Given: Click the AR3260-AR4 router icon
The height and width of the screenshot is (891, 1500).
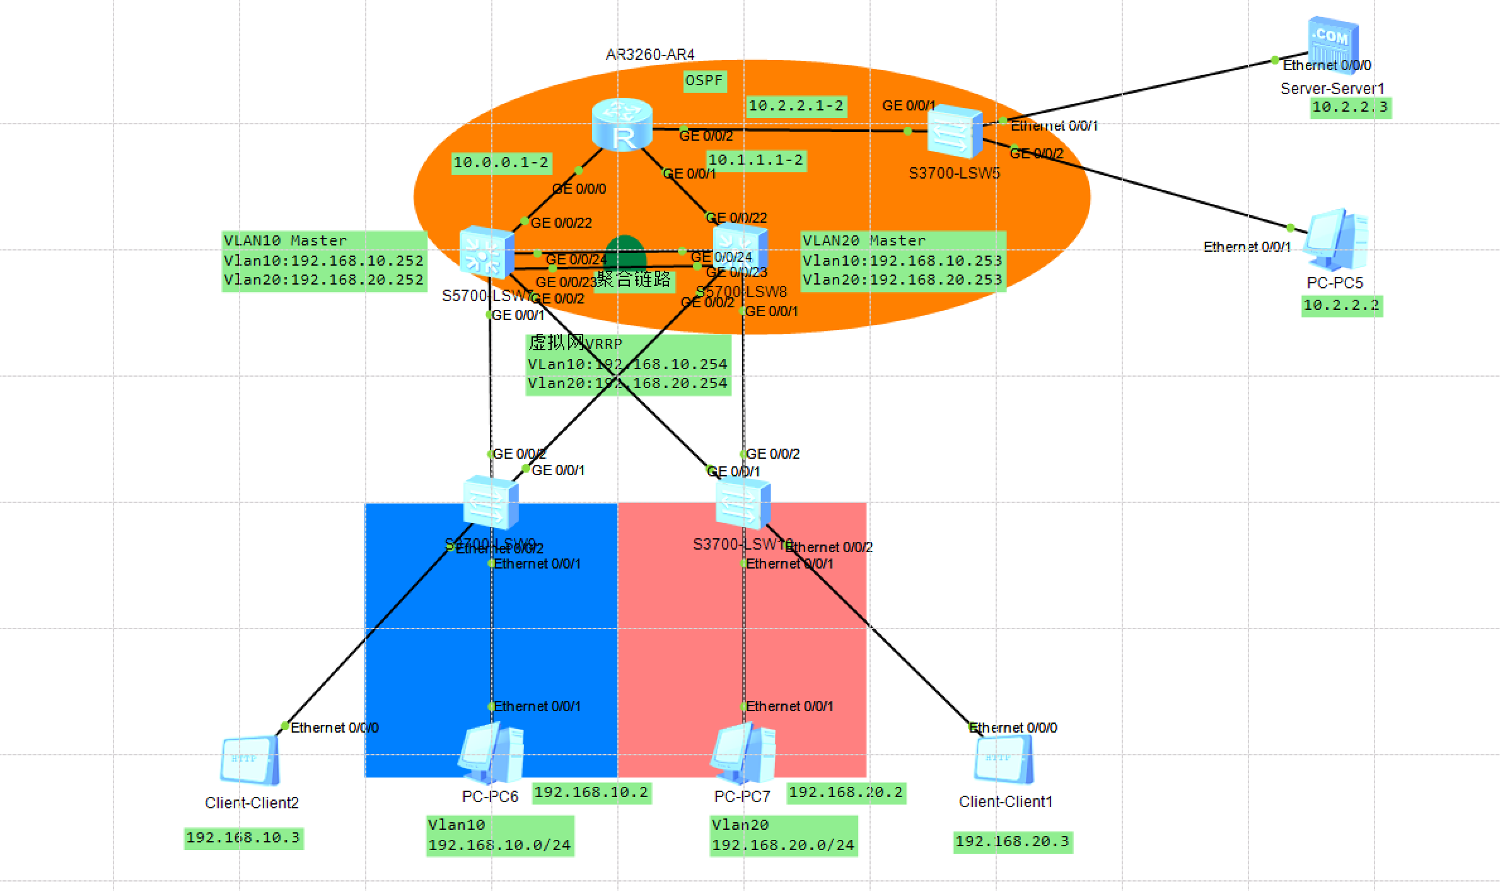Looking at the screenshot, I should click(622, 125).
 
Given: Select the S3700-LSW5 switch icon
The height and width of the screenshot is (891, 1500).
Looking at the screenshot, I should click(955, 132).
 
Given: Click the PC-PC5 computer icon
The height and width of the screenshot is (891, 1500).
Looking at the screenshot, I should click(1336, 240).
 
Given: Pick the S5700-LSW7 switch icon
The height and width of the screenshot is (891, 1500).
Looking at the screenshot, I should click(486, 253).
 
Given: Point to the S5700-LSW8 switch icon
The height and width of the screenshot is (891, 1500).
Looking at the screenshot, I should click(740, 248).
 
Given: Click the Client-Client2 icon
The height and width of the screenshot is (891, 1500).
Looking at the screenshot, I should click(250, 760).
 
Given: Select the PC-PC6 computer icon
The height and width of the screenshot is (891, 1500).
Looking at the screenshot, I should click(491, 753).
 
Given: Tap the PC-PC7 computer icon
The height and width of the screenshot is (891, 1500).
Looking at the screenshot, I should click(743, 753).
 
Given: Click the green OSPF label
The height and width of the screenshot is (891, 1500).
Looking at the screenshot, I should click(704, 81).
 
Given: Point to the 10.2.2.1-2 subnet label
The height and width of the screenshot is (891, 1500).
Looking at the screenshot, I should click(796, 106).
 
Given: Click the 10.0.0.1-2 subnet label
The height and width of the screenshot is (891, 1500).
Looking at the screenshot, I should click(501, 163).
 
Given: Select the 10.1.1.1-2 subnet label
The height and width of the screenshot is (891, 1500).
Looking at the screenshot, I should click(755, 160).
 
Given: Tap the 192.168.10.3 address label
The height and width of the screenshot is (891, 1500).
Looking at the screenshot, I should click(243, 838).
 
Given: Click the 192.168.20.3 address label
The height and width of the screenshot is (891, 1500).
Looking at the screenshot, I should click(1012, 842).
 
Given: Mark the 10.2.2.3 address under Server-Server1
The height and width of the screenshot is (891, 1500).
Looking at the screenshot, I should click(1349, 107).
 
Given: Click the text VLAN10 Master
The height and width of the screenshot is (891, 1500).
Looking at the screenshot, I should click(285, 240).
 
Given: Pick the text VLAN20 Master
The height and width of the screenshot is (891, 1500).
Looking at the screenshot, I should click(864, 240).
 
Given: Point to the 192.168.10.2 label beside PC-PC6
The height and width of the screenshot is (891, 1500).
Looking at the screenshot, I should click(591, 793).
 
